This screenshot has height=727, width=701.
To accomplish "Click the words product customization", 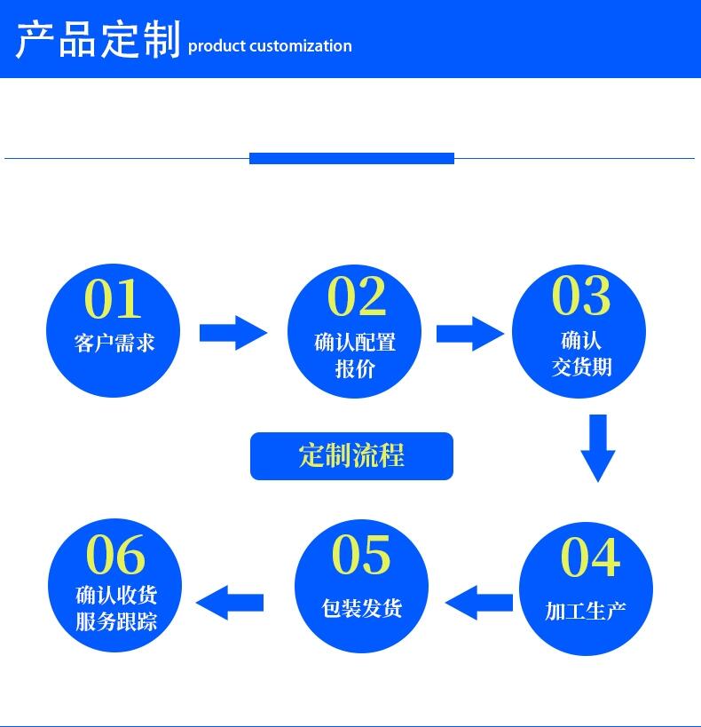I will [x=270, y=46].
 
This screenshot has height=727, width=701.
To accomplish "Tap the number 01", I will [x=113, y=298].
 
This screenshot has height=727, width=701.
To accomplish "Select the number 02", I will [x=357, y=296].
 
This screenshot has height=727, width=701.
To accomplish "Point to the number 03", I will [x=581, y=295].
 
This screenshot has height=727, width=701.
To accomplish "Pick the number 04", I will [x=589, y=557].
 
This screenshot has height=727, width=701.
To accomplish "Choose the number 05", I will [x=361, y=555].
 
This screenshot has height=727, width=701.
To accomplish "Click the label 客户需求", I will [x=114, y=343].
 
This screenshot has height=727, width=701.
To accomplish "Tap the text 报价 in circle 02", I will [x=355, y=368].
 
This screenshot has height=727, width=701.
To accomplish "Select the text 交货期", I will [x=582, y=366].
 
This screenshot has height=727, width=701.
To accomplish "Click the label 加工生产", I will [x=586, y=611].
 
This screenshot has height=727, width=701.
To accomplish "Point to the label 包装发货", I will [x=362, y=608].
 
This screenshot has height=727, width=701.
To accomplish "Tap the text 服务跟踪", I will [x=116, y=620].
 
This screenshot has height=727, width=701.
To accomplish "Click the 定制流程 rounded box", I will [x=351, y=456].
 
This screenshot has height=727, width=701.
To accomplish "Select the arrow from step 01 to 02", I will [x=232, y=333].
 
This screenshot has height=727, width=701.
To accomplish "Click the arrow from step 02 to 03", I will [x=469, y=334].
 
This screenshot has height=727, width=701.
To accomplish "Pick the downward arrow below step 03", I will [x=598, y=447].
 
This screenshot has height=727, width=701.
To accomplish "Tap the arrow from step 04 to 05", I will [x=479, y=603].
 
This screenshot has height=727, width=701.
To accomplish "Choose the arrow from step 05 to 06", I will [x=230, y=603].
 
